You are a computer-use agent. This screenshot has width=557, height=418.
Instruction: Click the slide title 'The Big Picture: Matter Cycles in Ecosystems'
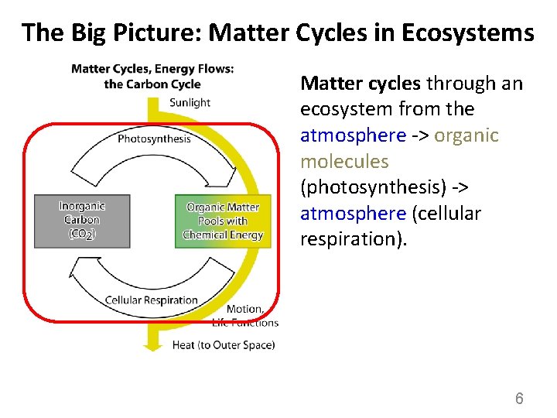pyautogui.click(x=278, y=33)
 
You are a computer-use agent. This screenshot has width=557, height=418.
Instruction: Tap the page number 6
pyautogui.click(x=519, y=399)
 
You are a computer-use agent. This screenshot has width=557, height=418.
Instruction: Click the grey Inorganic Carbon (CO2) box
pyautogui.click(x=81, y=221)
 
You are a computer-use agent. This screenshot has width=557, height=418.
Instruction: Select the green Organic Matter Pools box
pyautogui.click(x=223, y=221)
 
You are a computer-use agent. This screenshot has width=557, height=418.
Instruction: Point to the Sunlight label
pyautogui.click(x=190, y=102)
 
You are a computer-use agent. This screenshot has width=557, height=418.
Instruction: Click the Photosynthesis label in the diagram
pyautogui.click(x=154, y=139)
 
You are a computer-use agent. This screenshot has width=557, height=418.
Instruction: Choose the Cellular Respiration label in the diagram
pyautogui.click(x=151, y=300)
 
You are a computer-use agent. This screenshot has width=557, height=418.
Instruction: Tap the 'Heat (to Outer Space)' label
pyautogui.click(x=223, y=345)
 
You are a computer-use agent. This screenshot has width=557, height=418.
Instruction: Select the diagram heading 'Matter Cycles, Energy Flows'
pyautogui.click(x=152, y=69)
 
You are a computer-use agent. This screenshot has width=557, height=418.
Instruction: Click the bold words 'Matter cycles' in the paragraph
pyautogui.click(x=361, y=83)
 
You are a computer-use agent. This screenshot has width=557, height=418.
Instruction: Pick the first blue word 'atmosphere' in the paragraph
pyautogui.click(x=353, y=135)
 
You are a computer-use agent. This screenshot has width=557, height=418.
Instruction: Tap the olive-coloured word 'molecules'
pyautogui.click(x=344, y=162)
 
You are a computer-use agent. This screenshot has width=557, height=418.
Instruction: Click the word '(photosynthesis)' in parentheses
pyautogui.click(x=371, y=187)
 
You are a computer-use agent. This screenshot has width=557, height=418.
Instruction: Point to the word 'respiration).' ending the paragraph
pyautogui.click(x=349, y=239)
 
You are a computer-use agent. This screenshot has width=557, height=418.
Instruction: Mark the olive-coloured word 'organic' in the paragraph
pyautogui.click(x=466, y=135)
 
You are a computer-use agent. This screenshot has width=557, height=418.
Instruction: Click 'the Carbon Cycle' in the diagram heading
pyautogui.click(x=152, y=84)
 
